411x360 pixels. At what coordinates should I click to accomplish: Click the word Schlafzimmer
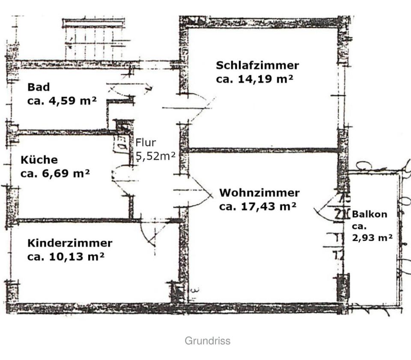click(x=257, y=66)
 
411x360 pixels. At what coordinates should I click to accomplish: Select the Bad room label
click(x=39, y=87)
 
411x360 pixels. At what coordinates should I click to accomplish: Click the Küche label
click(x=39, y=160)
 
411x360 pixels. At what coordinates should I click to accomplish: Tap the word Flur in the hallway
click(x=146, y=143)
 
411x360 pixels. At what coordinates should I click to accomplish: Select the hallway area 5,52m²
click(x=155, y=156)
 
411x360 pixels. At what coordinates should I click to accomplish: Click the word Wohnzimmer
click(x=259, y=193)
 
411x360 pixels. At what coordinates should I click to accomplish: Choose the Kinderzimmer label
click(x=70, y=243)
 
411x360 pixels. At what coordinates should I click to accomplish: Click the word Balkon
click(x=369, y=214)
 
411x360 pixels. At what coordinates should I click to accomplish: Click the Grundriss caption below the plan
click(x=208, y=341)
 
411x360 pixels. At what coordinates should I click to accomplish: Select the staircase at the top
click(x=94, y=41)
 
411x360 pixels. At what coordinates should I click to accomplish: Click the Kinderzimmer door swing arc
click(x=150, y=236)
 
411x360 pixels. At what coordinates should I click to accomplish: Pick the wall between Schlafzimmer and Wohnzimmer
click(x=263, y=150)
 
